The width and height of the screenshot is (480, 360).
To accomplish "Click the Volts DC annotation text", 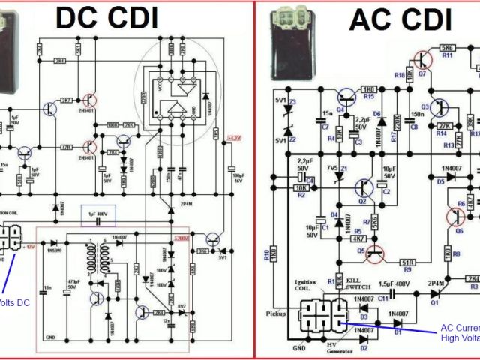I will tap(13, 304).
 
